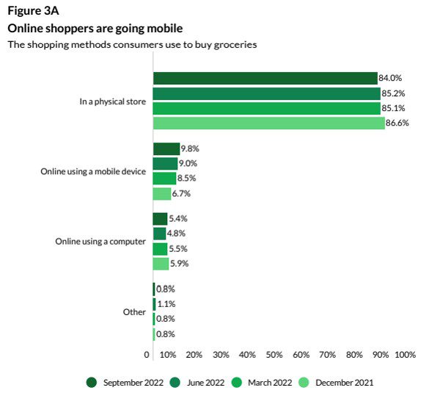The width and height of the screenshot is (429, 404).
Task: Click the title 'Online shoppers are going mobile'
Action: point(95,28)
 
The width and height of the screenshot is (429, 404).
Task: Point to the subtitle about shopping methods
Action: point(132,45)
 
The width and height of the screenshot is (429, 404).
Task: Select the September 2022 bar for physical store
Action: point(265,79)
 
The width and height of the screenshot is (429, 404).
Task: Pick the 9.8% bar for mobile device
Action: point(166,148)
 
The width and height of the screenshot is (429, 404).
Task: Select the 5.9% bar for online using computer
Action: point(161,264)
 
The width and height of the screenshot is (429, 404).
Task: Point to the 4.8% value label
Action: point(177,234)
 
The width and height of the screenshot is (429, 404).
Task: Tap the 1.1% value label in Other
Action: point(166,304)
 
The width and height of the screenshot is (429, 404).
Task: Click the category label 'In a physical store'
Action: point(112,101)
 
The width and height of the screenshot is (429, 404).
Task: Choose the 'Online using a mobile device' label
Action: point(93,171)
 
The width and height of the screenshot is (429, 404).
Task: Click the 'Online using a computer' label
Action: point(101,242)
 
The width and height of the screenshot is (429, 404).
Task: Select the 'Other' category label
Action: point(134,312)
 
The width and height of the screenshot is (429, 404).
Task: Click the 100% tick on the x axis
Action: point(405,355)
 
